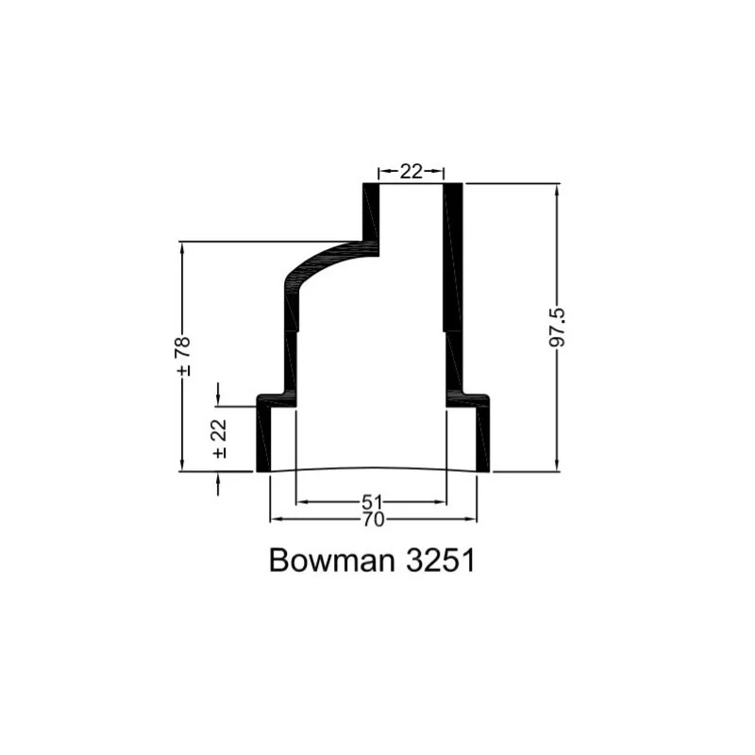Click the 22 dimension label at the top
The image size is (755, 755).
pos(411,172)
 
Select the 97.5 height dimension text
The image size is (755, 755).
pos(558,327)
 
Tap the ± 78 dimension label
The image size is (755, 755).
pos(183,357)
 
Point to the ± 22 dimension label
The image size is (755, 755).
pos(220,439)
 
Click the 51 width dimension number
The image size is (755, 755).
pos(372,502)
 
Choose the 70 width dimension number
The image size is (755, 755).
pos(373,520)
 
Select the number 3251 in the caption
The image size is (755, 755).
pos(441,560)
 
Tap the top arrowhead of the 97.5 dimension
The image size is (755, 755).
pos(557,190)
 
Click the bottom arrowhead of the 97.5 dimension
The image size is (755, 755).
pos(557,465)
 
